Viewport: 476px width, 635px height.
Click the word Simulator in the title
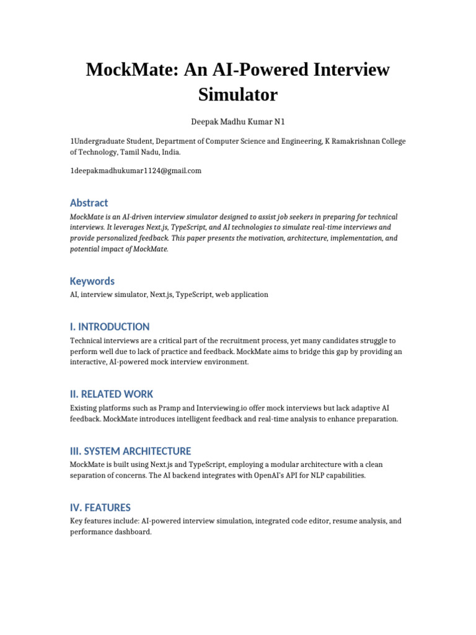238,95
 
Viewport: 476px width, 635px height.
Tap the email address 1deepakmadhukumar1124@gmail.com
136,171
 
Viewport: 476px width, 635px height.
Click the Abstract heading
89,203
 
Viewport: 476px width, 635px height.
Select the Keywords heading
92,281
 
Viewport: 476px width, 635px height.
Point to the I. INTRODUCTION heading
110,327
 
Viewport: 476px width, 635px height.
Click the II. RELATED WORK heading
112,394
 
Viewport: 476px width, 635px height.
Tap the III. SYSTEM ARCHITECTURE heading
130,451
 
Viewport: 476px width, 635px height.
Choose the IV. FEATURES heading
100,507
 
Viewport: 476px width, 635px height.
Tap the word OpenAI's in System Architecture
263,475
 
